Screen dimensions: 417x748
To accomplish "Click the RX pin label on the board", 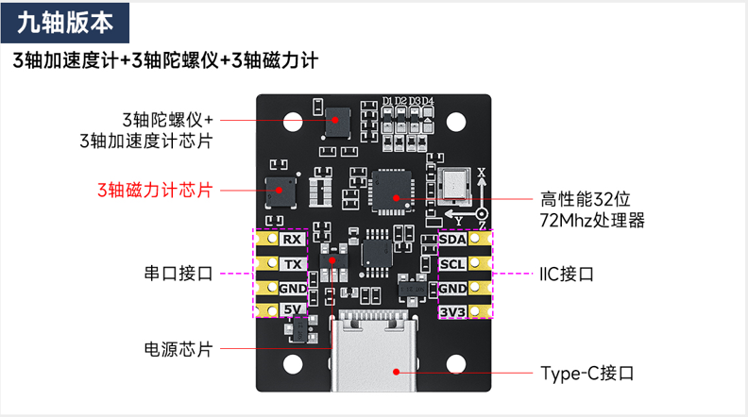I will tap(291, 240).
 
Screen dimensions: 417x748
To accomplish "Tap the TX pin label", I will tap(292, 264).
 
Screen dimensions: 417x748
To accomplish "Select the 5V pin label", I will tap(292, 310).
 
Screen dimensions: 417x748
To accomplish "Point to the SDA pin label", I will tap(452, 241).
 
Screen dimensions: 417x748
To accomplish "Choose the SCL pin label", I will tap(452, 264).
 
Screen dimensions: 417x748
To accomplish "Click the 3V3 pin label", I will tap(452, 311).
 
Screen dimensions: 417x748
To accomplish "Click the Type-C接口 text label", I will tap(586, 373).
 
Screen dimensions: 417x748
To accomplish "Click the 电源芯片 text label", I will tap(177, 348).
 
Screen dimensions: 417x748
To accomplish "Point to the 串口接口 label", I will tap(178, 274).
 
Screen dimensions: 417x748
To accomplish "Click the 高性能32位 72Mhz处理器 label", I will tap(592, 210).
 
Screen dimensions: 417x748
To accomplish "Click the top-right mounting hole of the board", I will tap(457, 123).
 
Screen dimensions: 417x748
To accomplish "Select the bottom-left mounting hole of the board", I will tap(290, 361).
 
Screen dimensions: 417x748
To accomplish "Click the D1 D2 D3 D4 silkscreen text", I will tap(408, 101).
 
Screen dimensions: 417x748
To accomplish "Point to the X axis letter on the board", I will tap(481, 173).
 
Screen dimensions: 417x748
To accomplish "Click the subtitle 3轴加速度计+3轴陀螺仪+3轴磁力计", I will tap(164, 60).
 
